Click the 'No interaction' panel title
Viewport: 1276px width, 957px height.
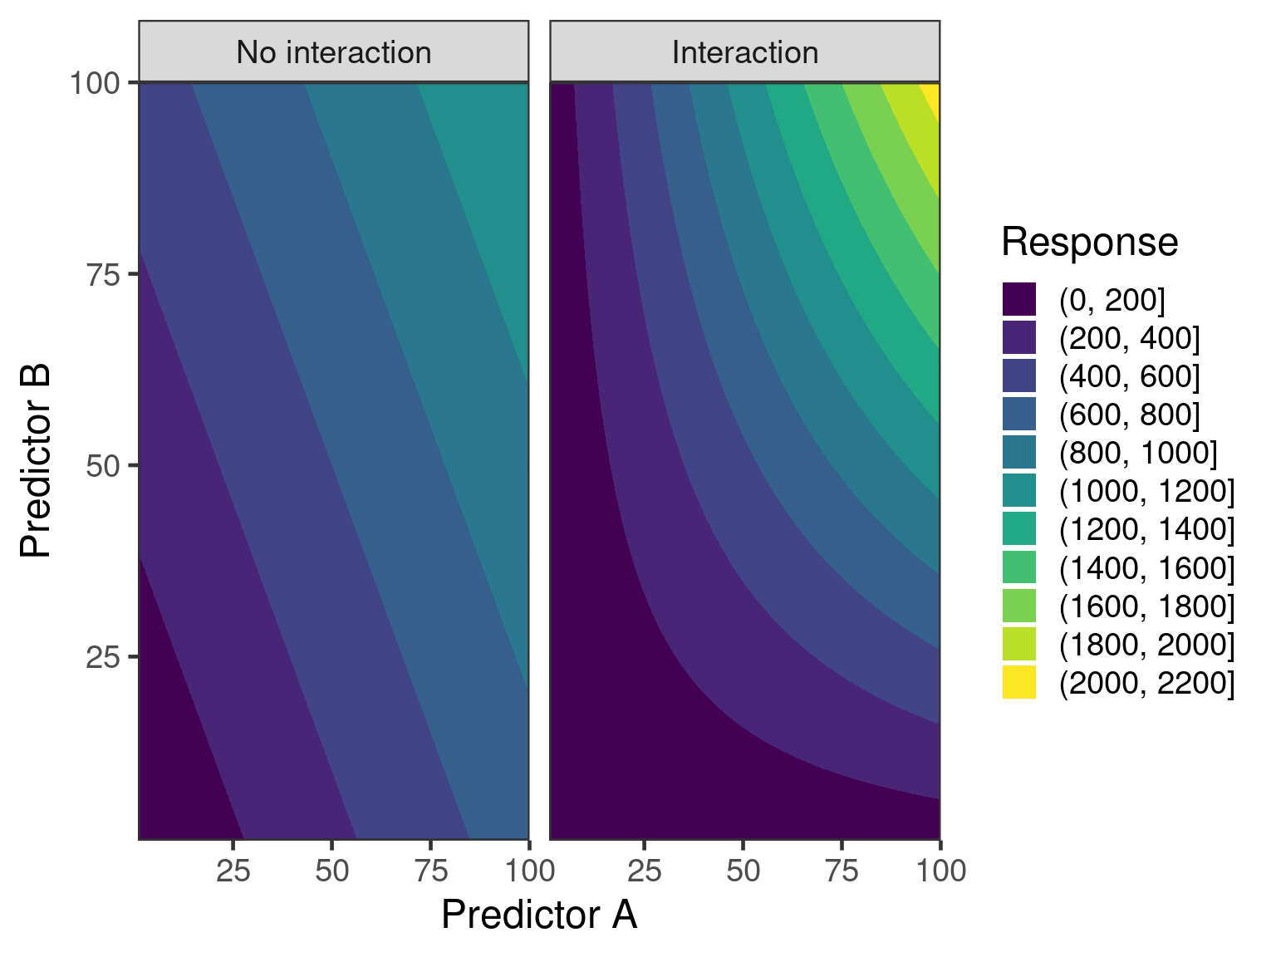(x=333, y=52)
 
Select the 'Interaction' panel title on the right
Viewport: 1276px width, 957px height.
(x=744, y=52)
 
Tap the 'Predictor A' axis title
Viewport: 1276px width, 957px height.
(x=538, y=915)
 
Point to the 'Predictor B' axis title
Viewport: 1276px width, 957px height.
(x=37, y=461)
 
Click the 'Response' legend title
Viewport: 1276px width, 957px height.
(x=1089, y=243)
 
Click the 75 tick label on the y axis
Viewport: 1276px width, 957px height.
(x=104, y=275)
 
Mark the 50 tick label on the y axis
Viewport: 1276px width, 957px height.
(x=104, y=466)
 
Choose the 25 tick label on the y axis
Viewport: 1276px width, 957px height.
(x=104, y=657)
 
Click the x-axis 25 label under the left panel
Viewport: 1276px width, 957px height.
(x=233, y=871)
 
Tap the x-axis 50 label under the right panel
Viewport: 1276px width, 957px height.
(x=743, y=871)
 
